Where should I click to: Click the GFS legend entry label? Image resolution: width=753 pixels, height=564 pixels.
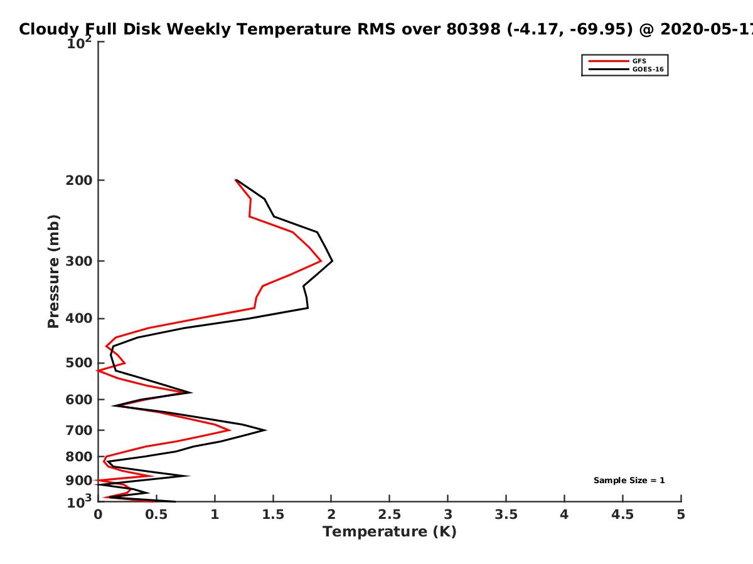pyautogui.click(x=639, y=61)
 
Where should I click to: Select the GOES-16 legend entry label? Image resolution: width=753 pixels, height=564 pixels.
pyautogui.click(x=648, y=69)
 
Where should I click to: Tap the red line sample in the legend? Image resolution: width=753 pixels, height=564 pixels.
pyautogui.click(x=609, y=61)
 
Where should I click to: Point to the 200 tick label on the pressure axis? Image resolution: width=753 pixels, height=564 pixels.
pyautogui.click(x=79, y=180)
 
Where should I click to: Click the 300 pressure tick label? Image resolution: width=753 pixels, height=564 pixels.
pyautogui.click(x=79, y=261)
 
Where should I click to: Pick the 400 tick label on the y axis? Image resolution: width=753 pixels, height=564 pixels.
pyautogui.click(x=79, y=319)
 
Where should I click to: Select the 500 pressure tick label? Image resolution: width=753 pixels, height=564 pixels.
pyautogui.click(x=79, y=363)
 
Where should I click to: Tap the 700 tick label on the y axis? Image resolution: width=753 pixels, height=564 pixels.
pyautogui.click(x=79, y=431)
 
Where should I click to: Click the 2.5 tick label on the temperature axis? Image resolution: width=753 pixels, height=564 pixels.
pyautogui.click(x=390, y=514)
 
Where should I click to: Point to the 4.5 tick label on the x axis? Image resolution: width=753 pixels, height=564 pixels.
pyautogui.click(x=622, y=514)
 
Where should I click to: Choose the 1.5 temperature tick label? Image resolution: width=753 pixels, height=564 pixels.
pyautogui.click(x=273, y=514)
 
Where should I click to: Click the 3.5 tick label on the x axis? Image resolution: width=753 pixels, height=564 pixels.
pyautogui.click(x=506, y=514)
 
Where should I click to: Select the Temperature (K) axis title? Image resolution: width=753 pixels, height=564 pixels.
pyautogui.click(x=390, y=532)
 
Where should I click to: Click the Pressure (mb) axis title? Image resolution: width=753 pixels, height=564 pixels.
pyautogui.click(x=53, y=271)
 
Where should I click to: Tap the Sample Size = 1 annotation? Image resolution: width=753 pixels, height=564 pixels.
pyautogui.click(x=629, y=481)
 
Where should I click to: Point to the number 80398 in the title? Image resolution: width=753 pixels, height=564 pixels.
pyautogui.click(x=473, y=29)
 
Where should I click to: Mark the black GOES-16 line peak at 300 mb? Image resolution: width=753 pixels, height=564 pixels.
pyautogui.click(x=332, y=261)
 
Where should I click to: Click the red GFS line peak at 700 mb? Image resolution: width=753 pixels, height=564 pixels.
pyautogui.click(x=230, y=430)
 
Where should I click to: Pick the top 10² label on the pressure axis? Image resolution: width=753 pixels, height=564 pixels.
pyautogui.click(x=79, y=43)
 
